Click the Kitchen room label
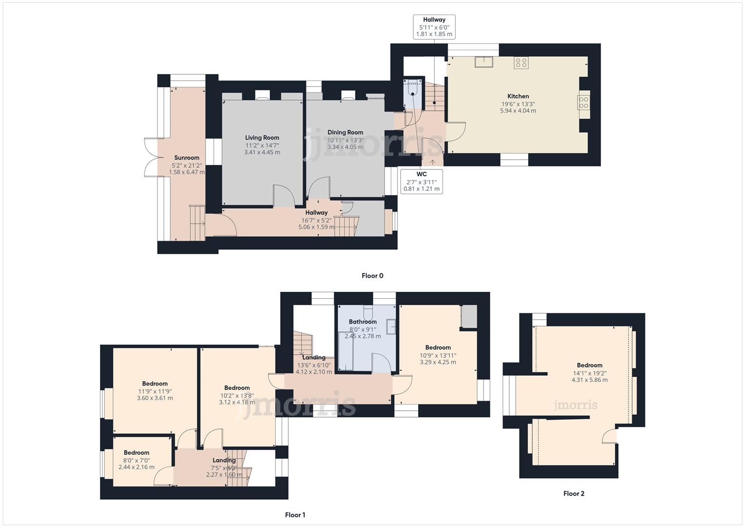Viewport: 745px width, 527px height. coord(518,96)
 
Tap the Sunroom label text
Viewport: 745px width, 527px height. coord(187,158)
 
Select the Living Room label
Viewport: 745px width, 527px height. coord(262,138)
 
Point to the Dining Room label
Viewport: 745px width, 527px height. coord(345,132)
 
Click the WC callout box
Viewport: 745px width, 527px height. coord(422,182)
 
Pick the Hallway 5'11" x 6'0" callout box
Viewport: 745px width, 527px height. coord(434,27)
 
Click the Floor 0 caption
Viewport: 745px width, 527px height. coord(372,276)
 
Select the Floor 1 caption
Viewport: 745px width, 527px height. coord(295,515)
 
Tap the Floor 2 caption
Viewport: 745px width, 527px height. coord(574,493)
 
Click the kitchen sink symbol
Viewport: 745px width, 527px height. coord(484,62)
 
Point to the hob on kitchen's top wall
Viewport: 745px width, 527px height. coord(521,62)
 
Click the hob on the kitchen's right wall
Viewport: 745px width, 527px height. coord(584,102)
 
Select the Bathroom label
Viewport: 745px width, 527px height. coord(362,322)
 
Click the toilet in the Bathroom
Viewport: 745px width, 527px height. coord(368,310)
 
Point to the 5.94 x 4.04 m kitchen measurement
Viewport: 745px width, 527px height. coord(518,111)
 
